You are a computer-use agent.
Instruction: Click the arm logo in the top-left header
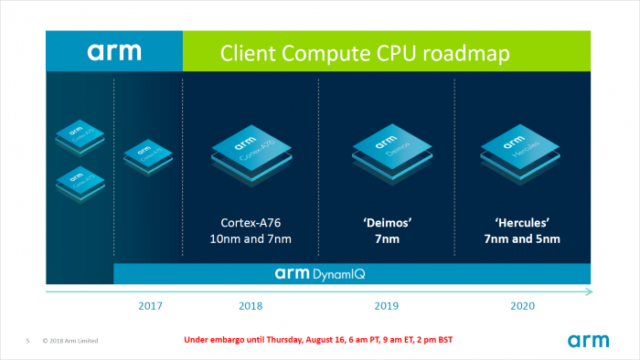click(114, 51)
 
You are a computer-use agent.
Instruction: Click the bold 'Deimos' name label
click(387, 222)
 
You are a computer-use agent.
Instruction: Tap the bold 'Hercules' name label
click(522, 222)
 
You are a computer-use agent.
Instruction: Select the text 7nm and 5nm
click(522, 239)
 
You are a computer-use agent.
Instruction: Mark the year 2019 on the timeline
click(387, 306)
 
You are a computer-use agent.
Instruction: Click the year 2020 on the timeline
click(522, 306)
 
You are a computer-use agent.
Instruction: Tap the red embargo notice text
click(319, 340)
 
